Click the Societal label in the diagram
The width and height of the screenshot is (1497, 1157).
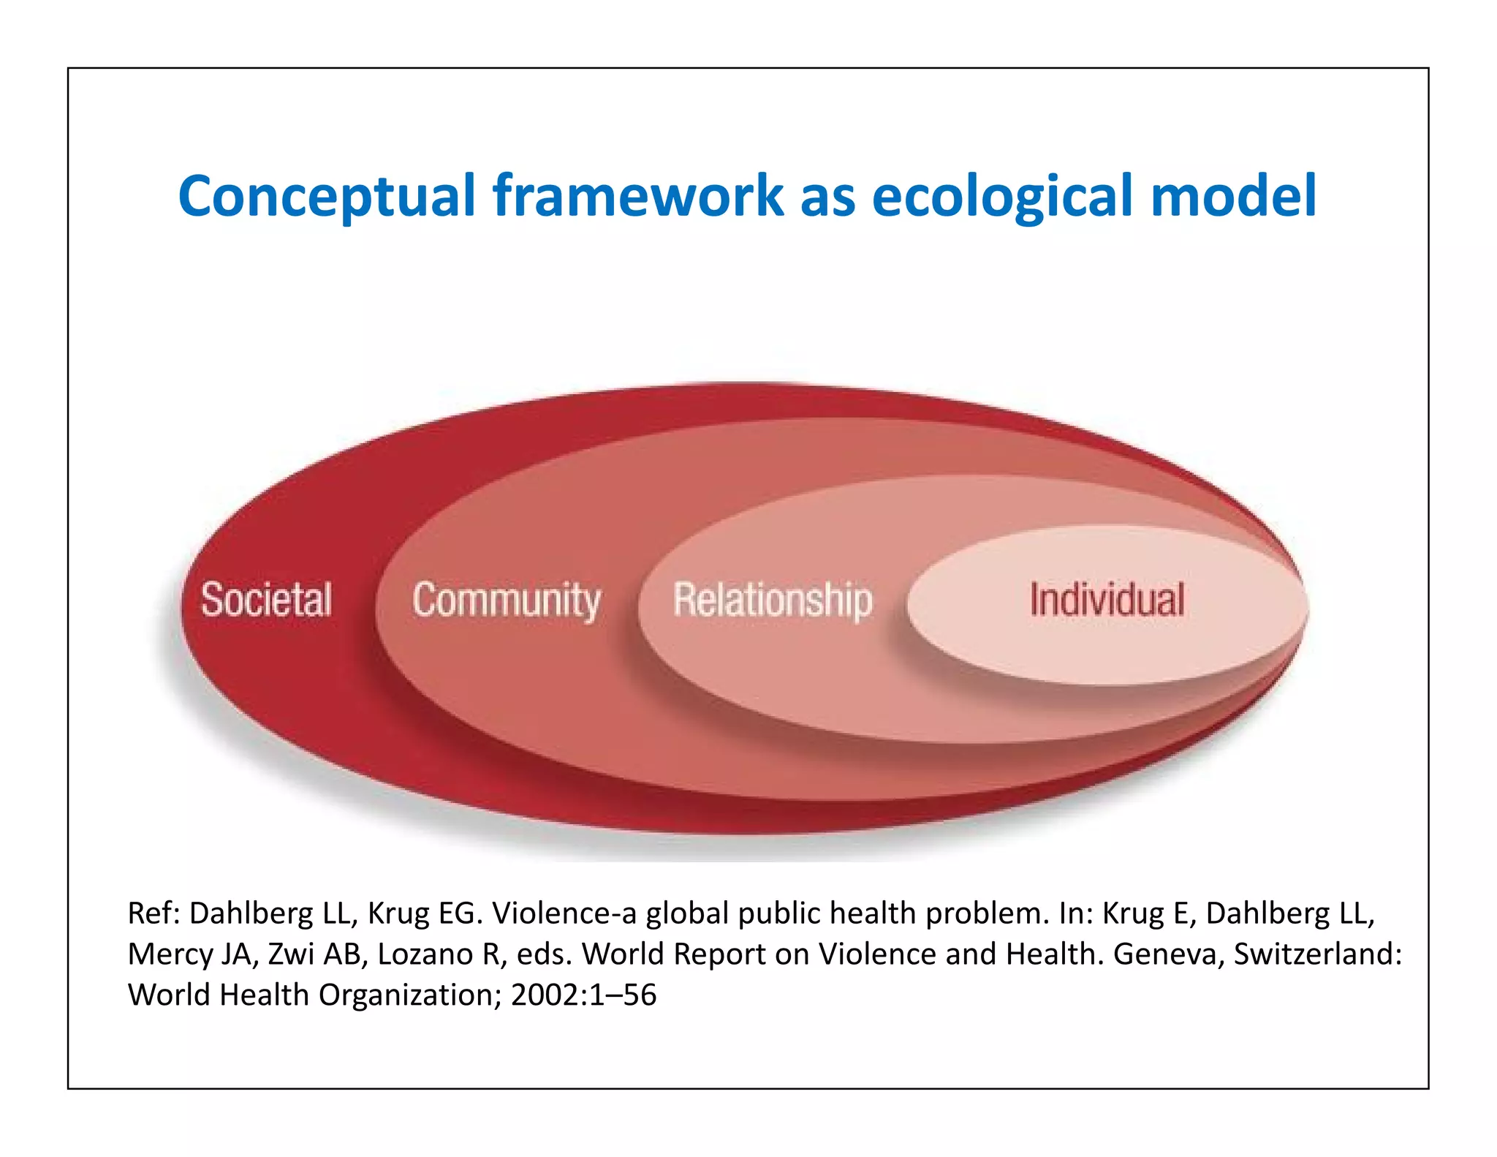[266, 600]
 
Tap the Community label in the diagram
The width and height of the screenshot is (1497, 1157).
[507, 600]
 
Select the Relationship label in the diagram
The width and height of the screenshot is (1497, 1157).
[773, 600]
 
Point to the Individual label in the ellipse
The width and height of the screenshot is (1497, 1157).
[1107, 600]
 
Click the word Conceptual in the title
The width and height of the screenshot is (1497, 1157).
[327, 196]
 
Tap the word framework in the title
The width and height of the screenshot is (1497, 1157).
[638, 196]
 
